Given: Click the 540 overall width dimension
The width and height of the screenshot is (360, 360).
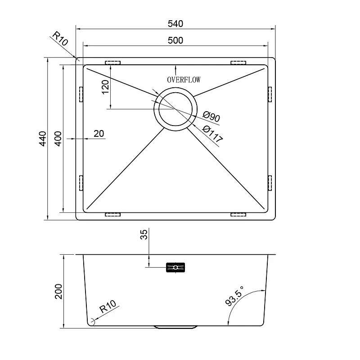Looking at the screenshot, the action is [x=175, y=24].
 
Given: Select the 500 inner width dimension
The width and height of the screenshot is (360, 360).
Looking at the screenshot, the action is [x=175, y=40].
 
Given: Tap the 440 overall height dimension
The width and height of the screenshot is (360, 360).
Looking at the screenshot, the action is [x=43, y=139].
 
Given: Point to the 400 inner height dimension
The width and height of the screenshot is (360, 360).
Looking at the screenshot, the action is [x=58, y=139].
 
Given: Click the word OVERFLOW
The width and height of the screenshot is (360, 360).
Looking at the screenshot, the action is [x=184, y=80].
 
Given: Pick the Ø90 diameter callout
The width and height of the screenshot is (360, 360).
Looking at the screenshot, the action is [x=211, y=117].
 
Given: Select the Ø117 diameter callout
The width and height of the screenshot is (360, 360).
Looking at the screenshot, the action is [x=212, y=134].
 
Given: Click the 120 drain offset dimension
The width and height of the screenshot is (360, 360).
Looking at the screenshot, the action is [x=105, y=87].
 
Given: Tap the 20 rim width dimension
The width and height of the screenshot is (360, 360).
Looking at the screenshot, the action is [x=99, y=133].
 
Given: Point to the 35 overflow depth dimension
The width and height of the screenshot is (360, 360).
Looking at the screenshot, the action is [x=144, y=234].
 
